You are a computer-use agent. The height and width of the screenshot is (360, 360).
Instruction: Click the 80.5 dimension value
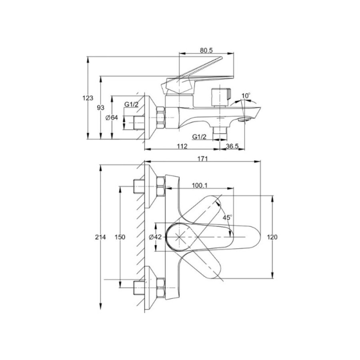coord(206,50)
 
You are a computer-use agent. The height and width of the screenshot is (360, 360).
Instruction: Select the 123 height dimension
coord(88,98)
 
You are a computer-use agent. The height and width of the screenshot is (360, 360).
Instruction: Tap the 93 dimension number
coord(100,108)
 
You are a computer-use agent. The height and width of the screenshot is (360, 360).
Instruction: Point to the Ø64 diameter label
coord(112,118)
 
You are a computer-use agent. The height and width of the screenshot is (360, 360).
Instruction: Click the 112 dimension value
coord(182,146)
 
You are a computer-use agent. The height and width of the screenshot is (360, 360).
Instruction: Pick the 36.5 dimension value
coord(232,146)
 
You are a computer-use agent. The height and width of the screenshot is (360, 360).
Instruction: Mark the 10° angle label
coord(246,96)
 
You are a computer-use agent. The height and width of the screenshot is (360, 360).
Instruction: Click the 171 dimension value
coord(202,159)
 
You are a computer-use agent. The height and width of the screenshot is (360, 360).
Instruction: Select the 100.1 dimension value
coord(200,185)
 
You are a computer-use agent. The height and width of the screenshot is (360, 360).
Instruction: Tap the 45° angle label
coord(227,217)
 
